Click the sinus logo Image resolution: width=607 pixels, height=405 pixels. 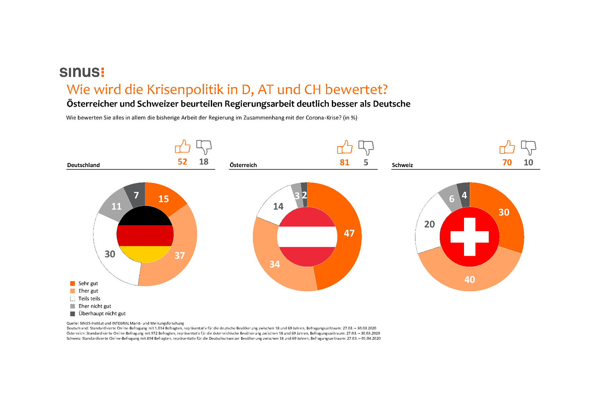coord(82,72)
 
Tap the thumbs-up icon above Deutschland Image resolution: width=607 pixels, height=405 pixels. coord(182,147)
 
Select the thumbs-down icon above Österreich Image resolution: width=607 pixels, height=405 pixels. coord(366,147)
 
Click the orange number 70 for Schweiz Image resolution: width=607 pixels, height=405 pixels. coord(507,162)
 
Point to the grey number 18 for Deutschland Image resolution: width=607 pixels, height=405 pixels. coord(204,162)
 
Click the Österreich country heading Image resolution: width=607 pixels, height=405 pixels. coord(243,165)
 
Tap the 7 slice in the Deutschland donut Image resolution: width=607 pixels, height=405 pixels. coord(136,194)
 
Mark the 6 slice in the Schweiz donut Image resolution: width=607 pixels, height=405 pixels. coord(451,199)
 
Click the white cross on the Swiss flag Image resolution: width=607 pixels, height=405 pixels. coord(469,237)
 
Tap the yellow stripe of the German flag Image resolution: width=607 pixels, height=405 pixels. coord(145,254)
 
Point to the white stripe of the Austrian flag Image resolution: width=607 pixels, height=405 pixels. coord(307,237)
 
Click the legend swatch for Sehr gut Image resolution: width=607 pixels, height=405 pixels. coord(73,283)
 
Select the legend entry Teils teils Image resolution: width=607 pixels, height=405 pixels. coord(89,299)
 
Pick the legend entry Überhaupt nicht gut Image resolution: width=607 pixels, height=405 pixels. coord(102,314)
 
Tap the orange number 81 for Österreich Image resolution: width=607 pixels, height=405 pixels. coord(344,162)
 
